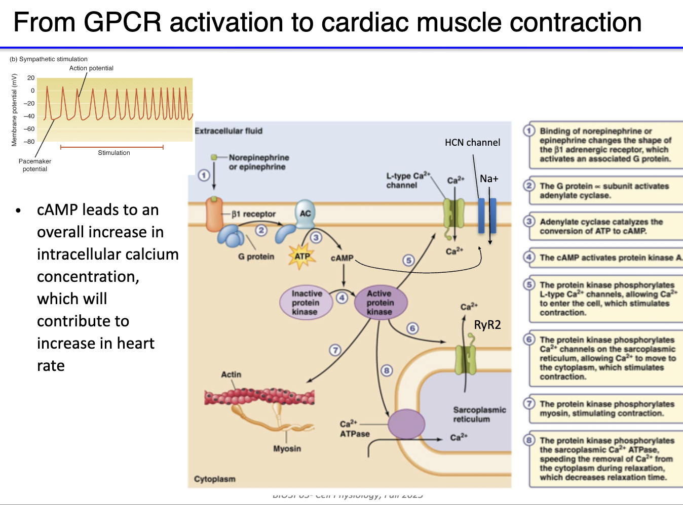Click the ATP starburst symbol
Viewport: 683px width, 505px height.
[302, 256]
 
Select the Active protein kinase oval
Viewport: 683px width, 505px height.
[380, 303]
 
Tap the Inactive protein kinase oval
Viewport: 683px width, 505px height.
[306, 303]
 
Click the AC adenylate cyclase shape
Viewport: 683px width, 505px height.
[305, 213]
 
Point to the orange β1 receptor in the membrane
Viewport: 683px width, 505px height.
[214, 215]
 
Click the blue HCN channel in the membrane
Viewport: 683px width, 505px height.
[486, 215]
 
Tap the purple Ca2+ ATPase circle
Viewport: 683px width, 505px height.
[406, 424]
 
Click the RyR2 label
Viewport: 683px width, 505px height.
[487, 325]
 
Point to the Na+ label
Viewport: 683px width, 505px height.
[489, 179]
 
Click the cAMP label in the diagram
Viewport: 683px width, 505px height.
[342, 258]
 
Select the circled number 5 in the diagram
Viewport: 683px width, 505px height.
[408, 260]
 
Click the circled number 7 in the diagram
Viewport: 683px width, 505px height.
[335, 350]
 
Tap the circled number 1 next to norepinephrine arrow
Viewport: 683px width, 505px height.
[204, 176]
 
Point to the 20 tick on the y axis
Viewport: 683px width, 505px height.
[31, 78]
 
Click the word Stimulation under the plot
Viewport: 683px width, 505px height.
[114, 153]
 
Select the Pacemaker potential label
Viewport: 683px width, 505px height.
[35, 165]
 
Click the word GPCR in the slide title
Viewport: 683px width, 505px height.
[122, 23]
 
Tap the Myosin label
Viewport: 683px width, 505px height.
[287, 449]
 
